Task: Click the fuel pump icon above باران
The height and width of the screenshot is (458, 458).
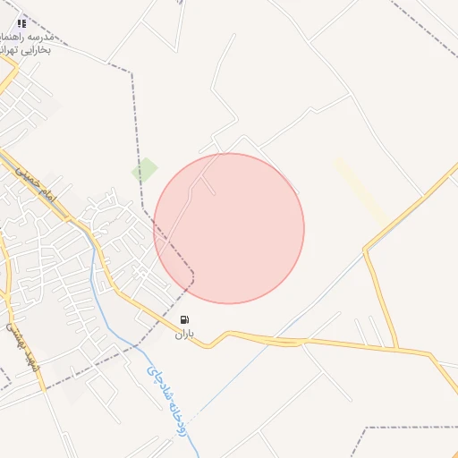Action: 184,319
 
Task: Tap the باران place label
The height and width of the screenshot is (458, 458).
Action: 184,335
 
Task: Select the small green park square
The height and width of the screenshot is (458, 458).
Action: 144,169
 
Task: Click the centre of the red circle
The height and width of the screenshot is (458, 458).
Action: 229,228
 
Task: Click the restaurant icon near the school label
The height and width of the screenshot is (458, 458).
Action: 21,24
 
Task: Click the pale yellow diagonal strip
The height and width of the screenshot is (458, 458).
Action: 361,191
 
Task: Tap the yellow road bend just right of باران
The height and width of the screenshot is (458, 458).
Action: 210,344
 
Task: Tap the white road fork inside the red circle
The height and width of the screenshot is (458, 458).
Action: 207,179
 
